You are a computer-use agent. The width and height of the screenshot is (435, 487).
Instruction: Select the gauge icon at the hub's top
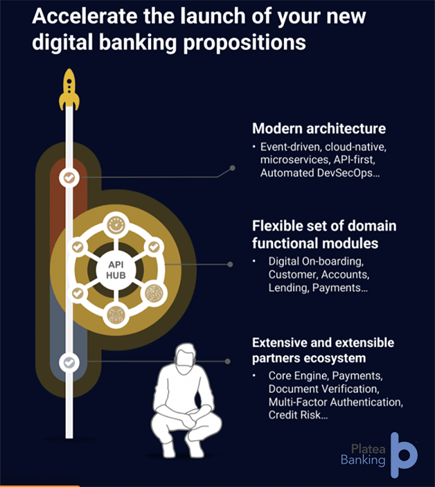(x=115, y=224)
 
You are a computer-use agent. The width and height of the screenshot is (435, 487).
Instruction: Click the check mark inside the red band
(x=69, y=178)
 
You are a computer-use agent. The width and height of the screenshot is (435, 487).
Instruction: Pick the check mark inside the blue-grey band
(x=69, y=362)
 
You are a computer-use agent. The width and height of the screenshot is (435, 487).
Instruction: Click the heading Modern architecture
(x=319, y=128)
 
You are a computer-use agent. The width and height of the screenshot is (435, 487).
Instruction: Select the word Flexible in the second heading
(x=279, y=227)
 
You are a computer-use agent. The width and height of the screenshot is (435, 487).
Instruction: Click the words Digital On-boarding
(x=312, y=262)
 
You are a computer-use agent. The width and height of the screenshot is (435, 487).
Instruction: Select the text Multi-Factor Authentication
(x=336, y=402)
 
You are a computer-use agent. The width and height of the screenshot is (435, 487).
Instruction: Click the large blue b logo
(x=403, y=454)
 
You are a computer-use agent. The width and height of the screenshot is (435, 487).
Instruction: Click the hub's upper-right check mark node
(x=154, y=247)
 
